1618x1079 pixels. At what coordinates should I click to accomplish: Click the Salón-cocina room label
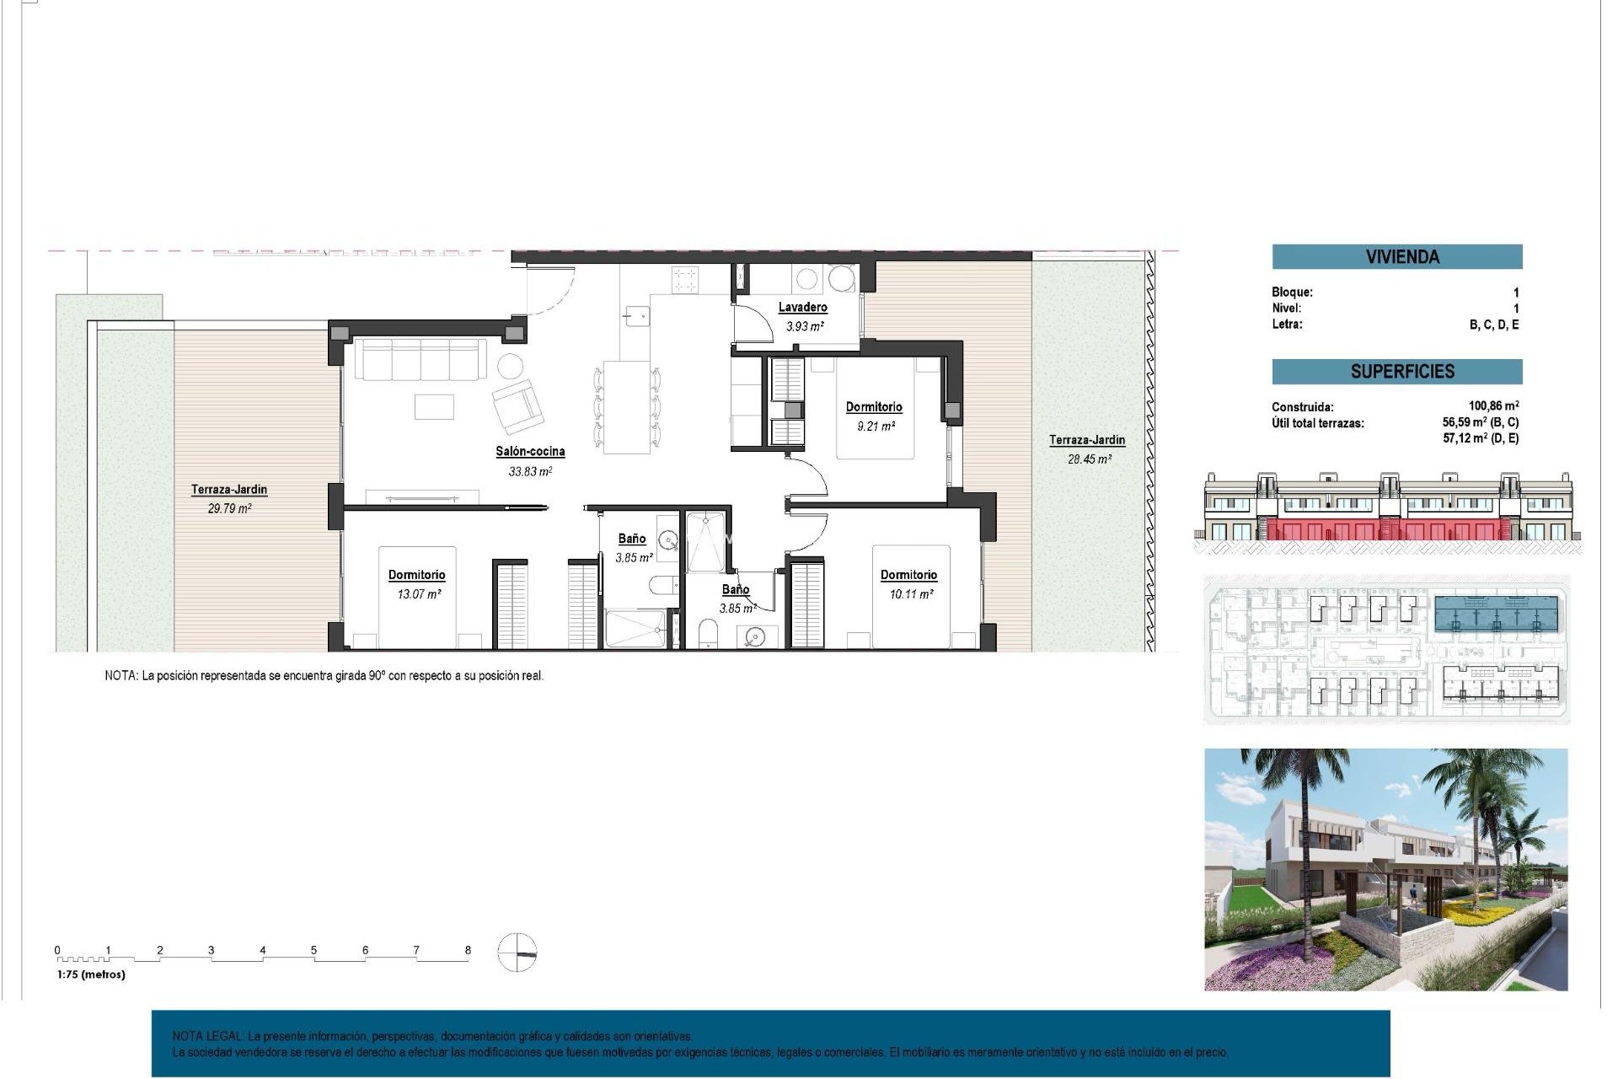click(x=529, y=451)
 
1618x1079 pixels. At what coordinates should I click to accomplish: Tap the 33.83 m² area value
click(x=529, y=472)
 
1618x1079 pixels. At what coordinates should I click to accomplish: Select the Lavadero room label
click(x=802, y=307)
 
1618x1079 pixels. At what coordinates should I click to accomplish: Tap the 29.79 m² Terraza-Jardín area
click(x=229, y=508)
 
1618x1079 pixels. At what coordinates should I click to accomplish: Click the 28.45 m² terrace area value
click(x=1089, y=459)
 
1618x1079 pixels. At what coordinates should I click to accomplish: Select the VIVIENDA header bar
click(x=1396, y=256)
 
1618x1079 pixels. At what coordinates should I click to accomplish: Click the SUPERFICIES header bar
click(x=1396, y=371)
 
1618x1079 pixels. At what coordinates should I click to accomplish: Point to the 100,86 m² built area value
click(x=1492, y=405)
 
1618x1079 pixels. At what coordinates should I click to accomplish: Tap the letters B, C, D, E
click(x=1493, y=325)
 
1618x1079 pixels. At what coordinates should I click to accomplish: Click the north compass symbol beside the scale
click(x=517, y=953)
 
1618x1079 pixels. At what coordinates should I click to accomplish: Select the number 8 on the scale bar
click(x=468, y=950)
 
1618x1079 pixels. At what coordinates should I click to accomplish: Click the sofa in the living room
click(x=420, y=360)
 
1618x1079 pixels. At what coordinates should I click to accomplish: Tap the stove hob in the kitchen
click(x=684, y=279)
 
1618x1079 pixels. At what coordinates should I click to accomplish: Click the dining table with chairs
click(x=626, y=406)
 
